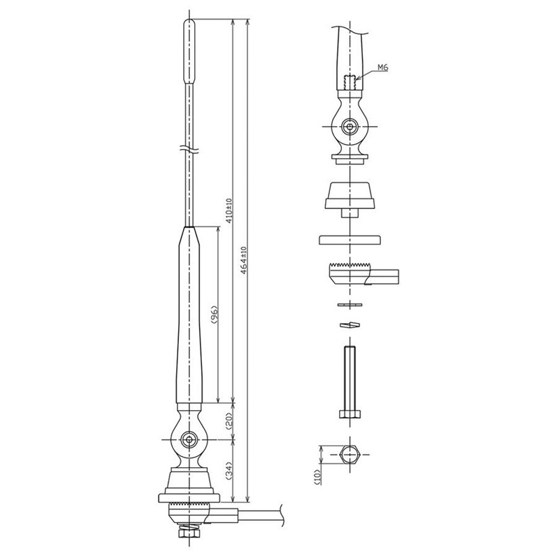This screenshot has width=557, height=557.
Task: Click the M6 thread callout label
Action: click(x=382, y=68)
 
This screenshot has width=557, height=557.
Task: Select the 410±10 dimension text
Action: click(x=229, y=211)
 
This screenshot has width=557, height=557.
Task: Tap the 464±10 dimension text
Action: click(x=243, y=260)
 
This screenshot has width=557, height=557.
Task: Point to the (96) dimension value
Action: click(x=214, y=315)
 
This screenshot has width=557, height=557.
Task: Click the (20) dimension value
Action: click(x=229, y=421)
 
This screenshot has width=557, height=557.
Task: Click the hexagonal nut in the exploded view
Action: click(x=350, y=455)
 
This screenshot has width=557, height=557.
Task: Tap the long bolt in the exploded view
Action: click(x=350, y=382)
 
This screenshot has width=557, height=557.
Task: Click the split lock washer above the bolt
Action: click(x=350, y=324)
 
